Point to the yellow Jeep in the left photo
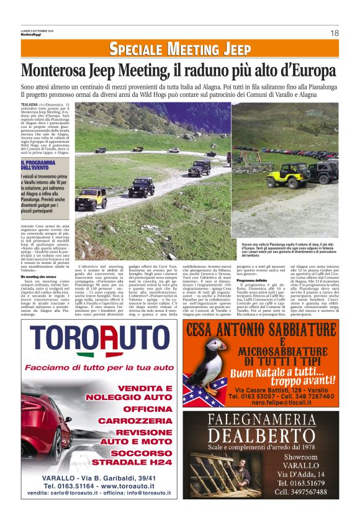tap(91, 199)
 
